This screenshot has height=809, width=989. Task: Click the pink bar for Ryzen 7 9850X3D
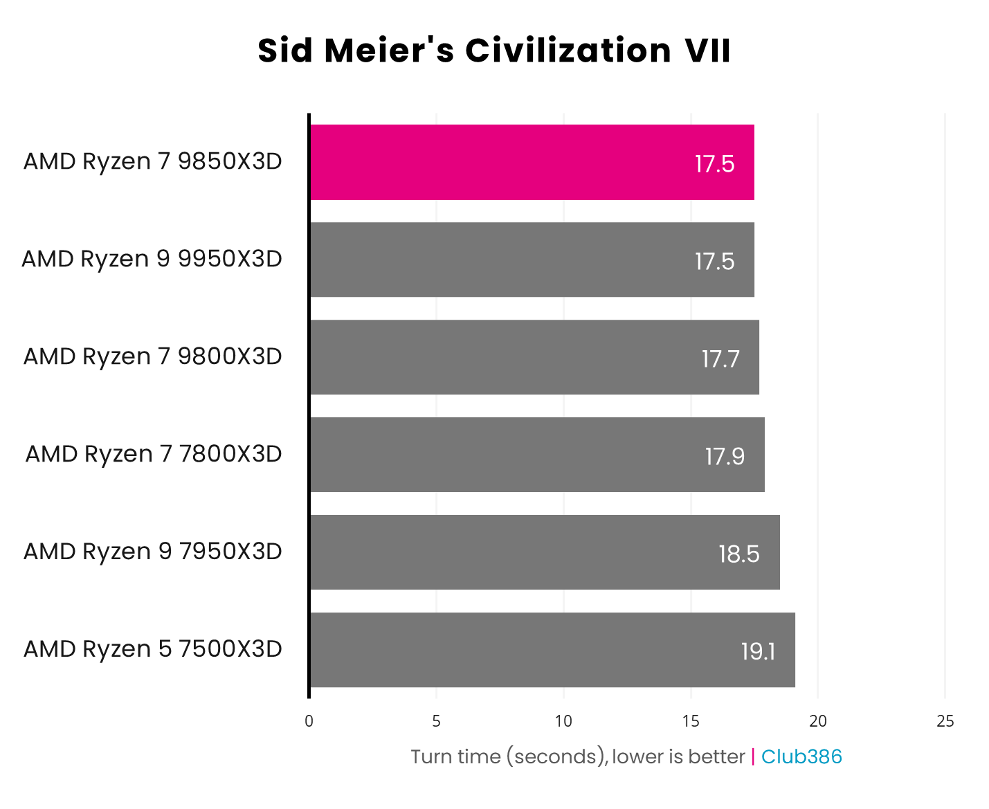tap(532, 163)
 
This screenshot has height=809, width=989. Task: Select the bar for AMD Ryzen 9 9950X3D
tap(532, 260)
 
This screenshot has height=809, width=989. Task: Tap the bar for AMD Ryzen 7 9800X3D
tap(534, 357)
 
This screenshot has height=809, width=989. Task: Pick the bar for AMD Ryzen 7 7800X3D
tap(537, 455)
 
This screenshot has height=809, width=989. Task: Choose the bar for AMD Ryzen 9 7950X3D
tap(545, 552)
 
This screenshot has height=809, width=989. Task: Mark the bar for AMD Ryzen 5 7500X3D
tap(552, 650)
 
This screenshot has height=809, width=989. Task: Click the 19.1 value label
tap(758, 651)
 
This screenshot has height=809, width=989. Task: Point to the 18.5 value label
tap(738, 554)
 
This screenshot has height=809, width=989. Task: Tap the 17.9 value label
tap(725, 456)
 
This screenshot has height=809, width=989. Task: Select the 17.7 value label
tap(720, 358)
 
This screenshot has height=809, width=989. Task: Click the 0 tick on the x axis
tap(309, 721)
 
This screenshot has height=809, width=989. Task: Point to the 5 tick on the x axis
tap(436, 721)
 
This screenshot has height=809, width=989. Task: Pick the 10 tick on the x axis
tap(563, 721)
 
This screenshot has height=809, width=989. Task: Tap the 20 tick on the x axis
tap(818, 721)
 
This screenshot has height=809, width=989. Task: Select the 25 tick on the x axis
tap(945, 721)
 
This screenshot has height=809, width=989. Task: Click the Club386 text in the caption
tap(801, 756)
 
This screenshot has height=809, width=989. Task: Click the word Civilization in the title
tap(568, 51)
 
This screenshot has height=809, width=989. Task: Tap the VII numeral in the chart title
tap(707, 51)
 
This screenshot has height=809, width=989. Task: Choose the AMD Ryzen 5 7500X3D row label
tap(153, 649)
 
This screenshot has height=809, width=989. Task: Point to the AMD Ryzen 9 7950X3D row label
tap(153, 552)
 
